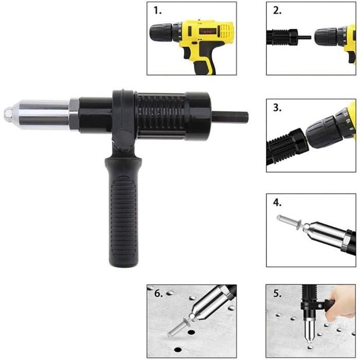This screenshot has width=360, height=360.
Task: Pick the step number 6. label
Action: [x=157, y=294]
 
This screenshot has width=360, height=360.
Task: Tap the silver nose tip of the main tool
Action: [x=8, y=114]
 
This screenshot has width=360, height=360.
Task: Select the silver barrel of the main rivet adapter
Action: [x=44, y=114]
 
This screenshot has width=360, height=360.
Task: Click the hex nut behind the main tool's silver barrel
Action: [x=74, y=114]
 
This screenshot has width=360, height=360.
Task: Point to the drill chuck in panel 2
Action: [x=327, y=37]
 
